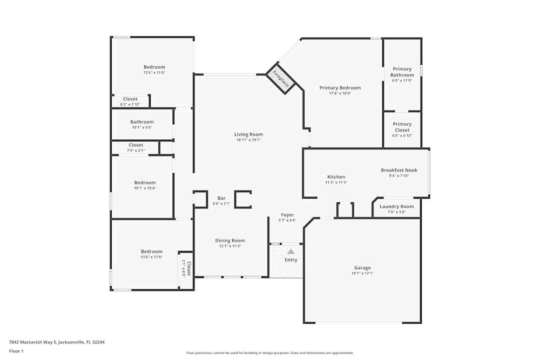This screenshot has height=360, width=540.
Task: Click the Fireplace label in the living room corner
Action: (281, 79)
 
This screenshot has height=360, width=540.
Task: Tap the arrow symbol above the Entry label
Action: (291, 251)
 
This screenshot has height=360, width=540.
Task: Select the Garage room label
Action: (362, 268)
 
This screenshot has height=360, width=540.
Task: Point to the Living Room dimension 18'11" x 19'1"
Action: (248, 140)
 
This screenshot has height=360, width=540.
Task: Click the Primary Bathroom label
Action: (402, 72)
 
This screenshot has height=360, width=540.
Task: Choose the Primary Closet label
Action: (402, 127)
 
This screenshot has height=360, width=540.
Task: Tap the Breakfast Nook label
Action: (399, 170)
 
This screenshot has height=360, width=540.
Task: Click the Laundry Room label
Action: (396, 206)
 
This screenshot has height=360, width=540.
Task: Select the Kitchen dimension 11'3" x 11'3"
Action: (336, 182)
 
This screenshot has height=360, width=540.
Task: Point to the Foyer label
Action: (287, 215)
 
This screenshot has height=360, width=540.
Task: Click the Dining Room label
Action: (230, 241)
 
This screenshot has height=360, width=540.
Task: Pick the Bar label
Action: (221, 198)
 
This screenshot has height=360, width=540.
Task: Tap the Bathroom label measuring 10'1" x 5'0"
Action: (142, 122)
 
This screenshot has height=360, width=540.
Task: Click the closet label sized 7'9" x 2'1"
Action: (136, 145)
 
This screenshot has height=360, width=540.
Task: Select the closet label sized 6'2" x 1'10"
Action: (130, 99)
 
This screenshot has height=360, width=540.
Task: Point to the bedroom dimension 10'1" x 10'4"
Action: (145, 188)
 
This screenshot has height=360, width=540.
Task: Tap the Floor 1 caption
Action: (16, 351)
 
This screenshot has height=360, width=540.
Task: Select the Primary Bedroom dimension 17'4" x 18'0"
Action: (340, 93)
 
